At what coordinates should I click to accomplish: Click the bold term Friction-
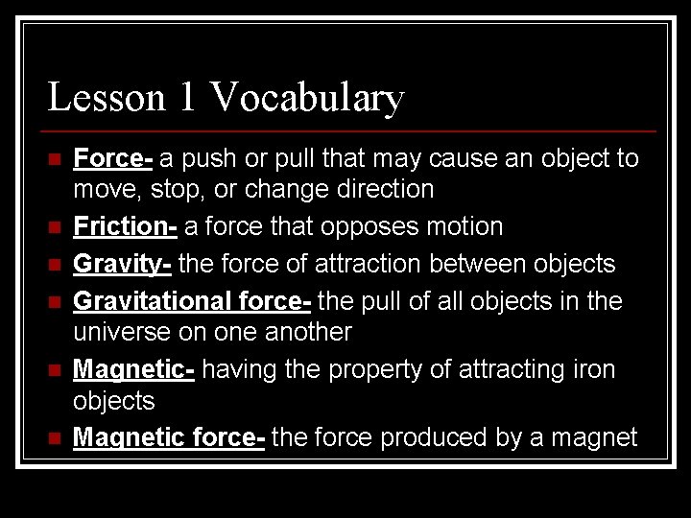pos(125,226)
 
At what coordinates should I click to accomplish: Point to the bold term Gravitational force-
pos(192,301)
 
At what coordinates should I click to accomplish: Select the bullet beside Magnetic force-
pos(54,438)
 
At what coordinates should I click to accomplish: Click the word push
pos(204,158)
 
